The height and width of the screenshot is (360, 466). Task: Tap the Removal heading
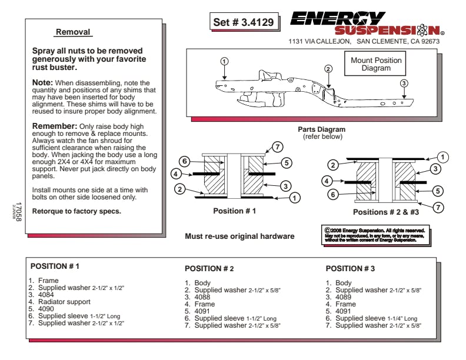73,32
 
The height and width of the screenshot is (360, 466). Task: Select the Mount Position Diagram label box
376,64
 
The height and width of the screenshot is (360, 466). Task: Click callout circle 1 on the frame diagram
224,61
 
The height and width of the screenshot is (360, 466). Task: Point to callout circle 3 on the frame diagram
404,83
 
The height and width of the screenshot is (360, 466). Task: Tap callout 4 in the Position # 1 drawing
176,174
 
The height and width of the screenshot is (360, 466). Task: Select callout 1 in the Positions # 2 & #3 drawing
442,157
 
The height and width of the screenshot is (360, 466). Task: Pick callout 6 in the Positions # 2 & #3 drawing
333,194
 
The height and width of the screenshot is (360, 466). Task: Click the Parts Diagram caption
321,129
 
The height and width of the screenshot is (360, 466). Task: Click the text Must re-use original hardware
239,236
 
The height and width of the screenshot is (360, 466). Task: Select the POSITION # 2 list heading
209,269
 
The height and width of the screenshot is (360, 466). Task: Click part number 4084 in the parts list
47,295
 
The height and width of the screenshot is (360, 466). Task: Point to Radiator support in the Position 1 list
64,302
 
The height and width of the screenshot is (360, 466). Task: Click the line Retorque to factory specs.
76,211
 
